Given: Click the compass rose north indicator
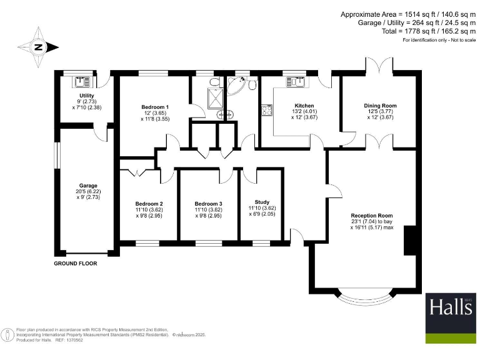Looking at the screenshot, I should [x=39, y=46].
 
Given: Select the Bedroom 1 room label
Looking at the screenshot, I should [x=155, y=107].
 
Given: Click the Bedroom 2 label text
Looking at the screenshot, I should [x=149, y=204].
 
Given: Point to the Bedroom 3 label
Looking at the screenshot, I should [x=208, y=204].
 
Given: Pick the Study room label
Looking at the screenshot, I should [x=262, y=202].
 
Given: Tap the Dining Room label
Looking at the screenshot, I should [x=380, y=106].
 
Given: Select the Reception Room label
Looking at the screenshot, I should [x=372, y=216].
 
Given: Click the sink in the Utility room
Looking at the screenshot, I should [x=82, y=81].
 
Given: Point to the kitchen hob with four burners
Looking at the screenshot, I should [x=267, y=111].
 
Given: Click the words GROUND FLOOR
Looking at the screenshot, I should [x=75, y=263].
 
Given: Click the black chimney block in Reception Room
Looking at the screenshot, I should [x=410, y=241].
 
